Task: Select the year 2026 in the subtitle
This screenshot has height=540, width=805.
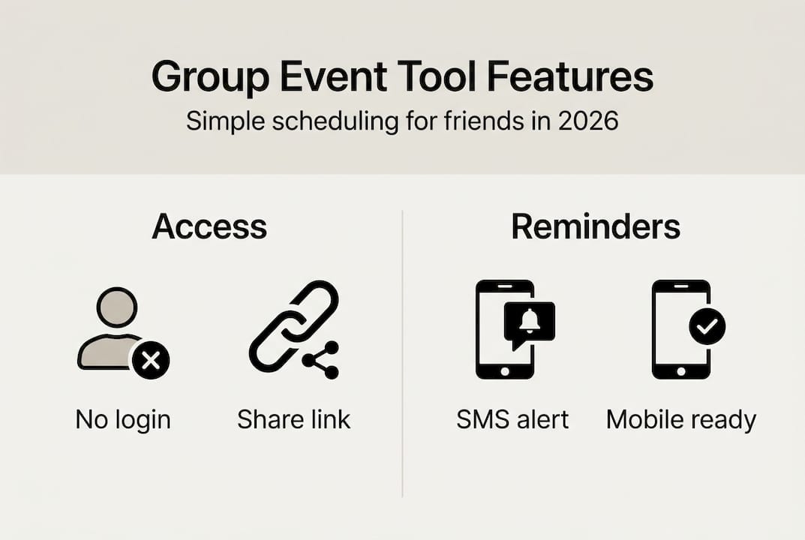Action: coord(588,121)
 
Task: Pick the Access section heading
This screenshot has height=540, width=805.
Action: coord(209,226)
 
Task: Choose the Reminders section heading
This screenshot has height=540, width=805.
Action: coord(596,226)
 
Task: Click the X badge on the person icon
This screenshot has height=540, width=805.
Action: coord(150,362)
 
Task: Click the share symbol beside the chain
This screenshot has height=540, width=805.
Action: coord(321,361)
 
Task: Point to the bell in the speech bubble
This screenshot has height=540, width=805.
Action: coord(529,322)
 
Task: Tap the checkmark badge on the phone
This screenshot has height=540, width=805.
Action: coord(707,325)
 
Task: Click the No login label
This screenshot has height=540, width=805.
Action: coord(123,420)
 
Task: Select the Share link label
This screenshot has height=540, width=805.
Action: coord(293,420)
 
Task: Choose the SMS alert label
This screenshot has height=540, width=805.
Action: coord(512,420)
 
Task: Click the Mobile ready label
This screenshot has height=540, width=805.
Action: coord(680,420)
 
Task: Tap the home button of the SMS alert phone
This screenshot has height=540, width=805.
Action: coord(505,370)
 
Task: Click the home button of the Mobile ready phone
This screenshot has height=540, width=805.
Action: coord(680,370)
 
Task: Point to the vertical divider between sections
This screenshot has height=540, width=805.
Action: coord(403,352)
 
